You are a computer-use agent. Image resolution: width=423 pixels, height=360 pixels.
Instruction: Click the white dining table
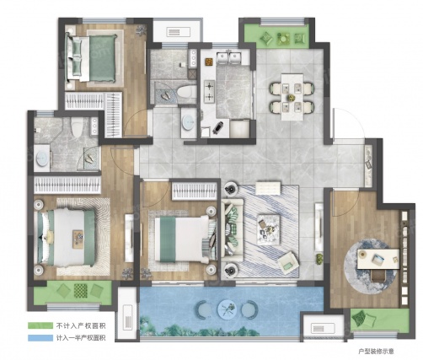[292, 97]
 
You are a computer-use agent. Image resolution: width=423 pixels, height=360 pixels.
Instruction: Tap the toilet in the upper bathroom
[187, 92]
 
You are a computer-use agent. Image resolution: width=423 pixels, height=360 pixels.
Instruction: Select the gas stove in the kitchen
[210, 91]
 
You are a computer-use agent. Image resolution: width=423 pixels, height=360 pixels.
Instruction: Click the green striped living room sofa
[233, 230]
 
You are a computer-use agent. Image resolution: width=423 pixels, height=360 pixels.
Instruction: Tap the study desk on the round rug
[378, 259]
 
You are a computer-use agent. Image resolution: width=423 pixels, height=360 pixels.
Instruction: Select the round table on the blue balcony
[228, 309]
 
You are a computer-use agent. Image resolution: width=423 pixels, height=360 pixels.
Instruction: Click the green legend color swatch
[40, 325]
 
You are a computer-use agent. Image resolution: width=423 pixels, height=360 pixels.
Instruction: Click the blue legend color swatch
[40, 338]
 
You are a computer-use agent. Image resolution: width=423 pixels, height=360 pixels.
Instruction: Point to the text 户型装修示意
[377, 352]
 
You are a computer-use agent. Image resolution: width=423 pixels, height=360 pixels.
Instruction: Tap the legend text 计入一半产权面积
[81, 338]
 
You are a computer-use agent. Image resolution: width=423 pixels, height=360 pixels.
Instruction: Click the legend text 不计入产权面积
[81, 325]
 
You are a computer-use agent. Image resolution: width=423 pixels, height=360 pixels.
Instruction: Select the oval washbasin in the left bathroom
[42, 158]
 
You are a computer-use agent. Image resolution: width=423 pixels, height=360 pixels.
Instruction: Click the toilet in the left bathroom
[77, 127]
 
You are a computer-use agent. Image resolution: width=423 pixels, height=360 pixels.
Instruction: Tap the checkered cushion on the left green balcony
[81, 291]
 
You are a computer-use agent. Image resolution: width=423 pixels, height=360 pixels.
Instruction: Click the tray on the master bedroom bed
[78, 239]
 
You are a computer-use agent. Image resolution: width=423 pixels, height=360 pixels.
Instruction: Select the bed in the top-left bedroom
[91, 58]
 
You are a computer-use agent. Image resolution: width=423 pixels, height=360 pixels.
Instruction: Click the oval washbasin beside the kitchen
[188, 122]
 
